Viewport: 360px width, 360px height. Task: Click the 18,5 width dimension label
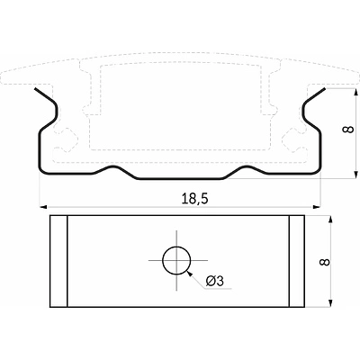(x=194, y=199)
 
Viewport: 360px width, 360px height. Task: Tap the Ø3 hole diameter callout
(x=215, y=281)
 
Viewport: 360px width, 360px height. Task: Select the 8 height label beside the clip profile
(x=348, y=130)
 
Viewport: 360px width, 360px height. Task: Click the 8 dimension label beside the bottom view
(x=325, y=262)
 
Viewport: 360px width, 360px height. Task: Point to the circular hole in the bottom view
(x=176, y=260)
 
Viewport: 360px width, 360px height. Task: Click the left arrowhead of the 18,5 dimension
(x=43, y=207)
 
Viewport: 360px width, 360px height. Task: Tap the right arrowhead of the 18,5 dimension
(x=317, y=207)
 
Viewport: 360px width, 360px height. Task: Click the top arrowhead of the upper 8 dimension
(x=355, y=92)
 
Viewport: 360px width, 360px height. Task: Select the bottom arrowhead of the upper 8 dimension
(x=355, y=175)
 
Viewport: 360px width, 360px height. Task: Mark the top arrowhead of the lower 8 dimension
(x=330, y=219)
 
